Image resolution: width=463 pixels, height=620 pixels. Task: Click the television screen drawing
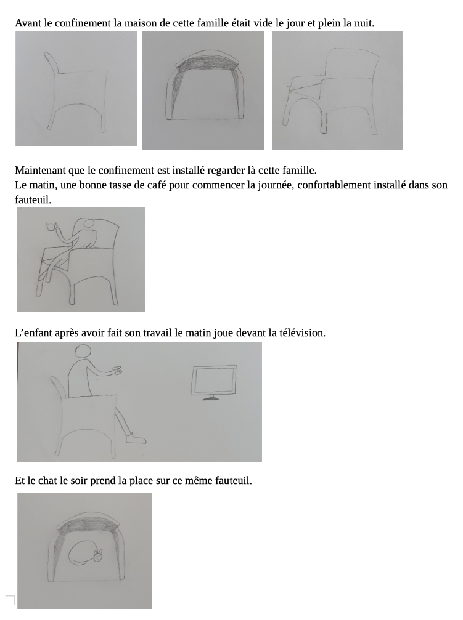point(213,380)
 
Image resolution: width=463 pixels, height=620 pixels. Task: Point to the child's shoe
point(136,438)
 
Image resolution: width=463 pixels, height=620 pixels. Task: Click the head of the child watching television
point(83,351)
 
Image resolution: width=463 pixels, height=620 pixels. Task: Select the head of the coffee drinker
point(89,223)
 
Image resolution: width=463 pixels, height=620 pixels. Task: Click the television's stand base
point(211,398)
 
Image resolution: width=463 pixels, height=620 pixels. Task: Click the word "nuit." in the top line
point(364,23)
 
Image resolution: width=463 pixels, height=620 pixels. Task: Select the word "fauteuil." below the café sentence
point(33,199)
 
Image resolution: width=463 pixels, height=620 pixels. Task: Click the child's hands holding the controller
point(117,370)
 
